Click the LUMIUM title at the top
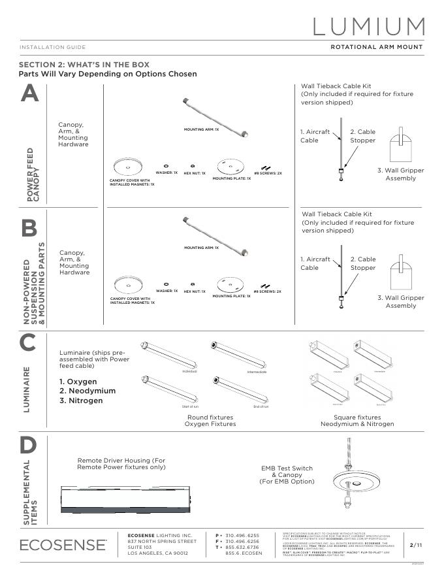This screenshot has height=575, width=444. (x=369, y=26)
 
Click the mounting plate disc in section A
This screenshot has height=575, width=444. (x=230, y=165)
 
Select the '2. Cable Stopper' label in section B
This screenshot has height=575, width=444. (x=362, y=263)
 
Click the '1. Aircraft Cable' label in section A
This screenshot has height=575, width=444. (x=315, y=136)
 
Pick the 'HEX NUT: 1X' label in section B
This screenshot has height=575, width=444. (x=194, y=291)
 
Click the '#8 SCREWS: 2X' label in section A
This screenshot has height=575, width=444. (x=268, y=173)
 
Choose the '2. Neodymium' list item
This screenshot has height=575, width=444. (x=87, y=391)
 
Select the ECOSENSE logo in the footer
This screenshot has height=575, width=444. (x=63, y=544)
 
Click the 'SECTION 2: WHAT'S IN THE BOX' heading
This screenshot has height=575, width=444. (x=84, y=65)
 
